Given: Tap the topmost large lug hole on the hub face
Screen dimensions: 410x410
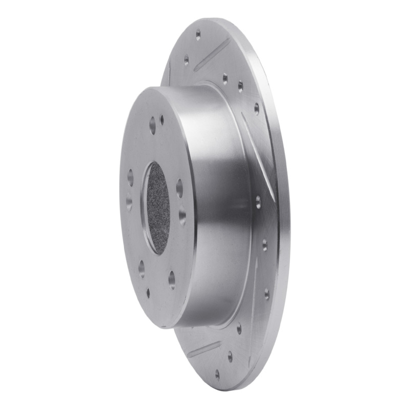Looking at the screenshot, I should pos(152,124).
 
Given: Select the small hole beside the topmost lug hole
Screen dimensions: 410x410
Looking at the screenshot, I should pos(162,120).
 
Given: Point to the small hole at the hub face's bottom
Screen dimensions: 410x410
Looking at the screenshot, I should pos(148,293).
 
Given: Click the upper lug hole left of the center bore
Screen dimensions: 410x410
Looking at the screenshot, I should pos(130,177).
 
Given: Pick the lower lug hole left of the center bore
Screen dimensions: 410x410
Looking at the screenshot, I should pos(129,201).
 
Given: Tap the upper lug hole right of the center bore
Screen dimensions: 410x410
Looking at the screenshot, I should pos(179,188).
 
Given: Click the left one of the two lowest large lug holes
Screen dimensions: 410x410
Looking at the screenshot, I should pos(141,269).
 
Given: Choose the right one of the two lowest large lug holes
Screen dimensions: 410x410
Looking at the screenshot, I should pos(172,279).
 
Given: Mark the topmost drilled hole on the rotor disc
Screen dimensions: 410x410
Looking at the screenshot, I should pos(198,35).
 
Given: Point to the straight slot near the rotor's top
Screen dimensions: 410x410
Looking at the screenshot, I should pos(211,53).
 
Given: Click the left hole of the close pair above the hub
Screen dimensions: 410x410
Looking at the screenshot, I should pos(224,78).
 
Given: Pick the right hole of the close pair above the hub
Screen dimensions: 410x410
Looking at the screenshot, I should pos(240,86).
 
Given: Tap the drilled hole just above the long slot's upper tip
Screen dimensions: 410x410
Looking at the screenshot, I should pos(256,108).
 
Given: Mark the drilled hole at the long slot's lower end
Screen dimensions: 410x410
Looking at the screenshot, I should pos(258,201).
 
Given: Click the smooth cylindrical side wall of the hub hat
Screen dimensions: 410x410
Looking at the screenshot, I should pos(220,205).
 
